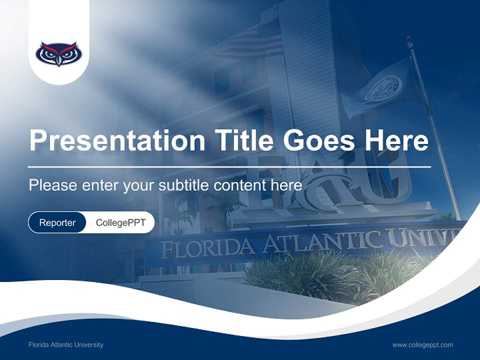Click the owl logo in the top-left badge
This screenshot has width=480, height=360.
pyautogui.click(x=59, y=53)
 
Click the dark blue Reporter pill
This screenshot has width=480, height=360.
pyautogui.click(x=57, y=222)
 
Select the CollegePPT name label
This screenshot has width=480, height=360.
pyautogui.click(x=120, y=222)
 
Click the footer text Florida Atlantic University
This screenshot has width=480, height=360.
pyautogui.click(x=66, y=345)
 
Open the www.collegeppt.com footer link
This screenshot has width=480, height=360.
pyautogui.click(x=422, y=345)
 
